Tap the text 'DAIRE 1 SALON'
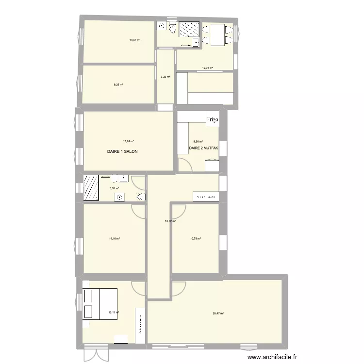[122, 151]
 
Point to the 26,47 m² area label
[218, 314]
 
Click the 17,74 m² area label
[129, 141]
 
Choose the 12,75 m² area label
[208, 68]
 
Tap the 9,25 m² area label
[118, 84]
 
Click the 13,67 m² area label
[134, 40]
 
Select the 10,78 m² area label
[196, 238]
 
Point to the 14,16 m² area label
[115, 238]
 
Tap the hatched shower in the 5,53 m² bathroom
[91, 187]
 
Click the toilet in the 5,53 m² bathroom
[140, 197]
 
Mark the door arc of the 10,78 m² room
[178, 210]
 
